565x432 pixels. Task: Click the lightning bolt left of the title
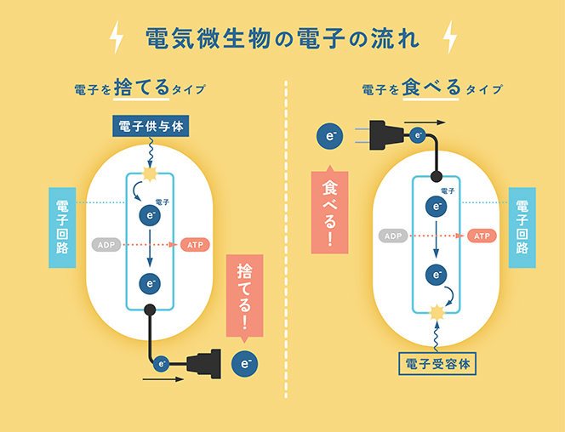pyautogui.click(x=117, y=38)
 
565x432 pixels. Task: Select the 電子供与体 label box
pyautogui.click(x=150, y=127)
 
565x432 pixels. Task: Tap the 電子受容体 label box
pyautogui.click(x=438, y=364)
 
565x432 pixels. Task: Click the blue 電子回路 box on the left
pyautogui.click(x=64, y=228)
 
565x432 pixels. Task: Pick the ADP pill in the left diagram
pyautogui.click(x=107, y=245)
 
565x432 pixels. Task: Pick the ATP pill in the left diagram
pyautogui.click(x=195, y=245)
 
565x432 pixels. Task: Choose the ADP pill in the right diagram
pyautogui.click(x=392, y=236)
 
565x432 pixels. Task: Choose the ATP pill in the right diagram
pyautogui.click(x=482, y=236)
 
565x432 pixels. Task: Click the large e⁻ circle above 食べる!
pyautogui.click(x=330, y=134)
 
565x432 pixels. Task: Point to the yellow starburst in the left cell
pyautogui.click(x=151, y=175)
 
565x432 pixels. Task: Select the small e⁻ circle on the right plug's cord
pyautogui.click(x=417, y=135)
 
